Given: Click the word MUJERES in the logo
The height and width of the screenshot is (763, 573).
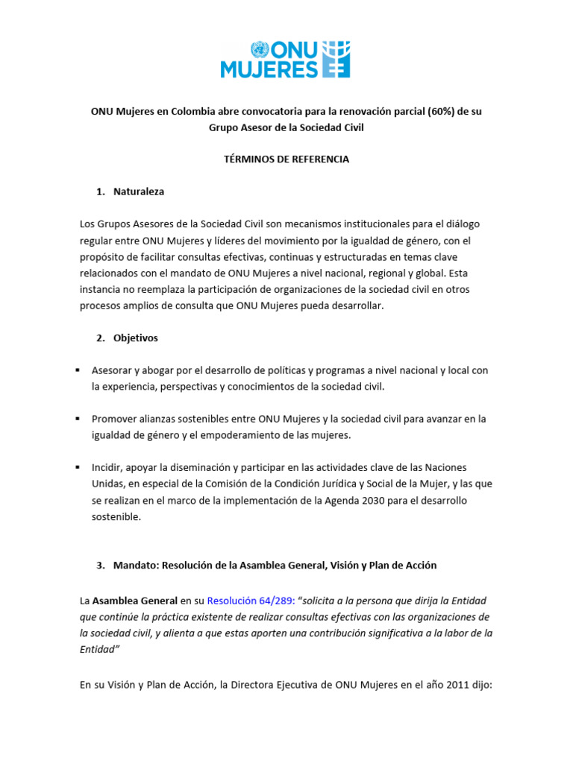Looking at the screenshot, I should [x=269, y=70].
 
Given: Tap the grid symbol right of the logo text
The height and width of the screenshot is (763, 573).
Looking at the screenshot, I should [x=336, y=60].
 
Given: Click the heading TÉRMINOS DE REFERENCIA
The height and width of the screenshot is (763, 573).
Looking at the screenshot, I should [x=286, y=159].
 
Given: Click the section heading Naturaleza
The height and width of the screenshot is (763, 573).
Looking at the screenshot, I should [x=139, y=191].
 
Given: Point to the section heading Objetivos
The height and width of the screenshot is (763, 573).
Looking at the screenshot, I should [x=136, y=338].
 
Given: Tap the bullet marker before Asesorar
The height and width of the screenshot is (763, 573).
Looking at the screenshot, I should [x=78, y=370].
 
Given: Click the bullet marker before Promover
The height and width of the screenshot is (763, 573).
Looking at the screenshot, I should [x=78, y=419].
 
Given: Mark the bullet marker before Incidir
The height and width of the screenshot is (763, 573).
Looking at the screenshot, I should [x=78, y=467].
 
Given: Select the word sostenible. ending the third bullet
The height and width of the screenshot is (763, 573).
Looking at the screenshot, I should [x=116, y=516].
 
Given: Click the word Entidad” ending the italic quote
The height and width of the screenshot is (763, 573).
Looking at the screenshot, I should [x=99, y=649].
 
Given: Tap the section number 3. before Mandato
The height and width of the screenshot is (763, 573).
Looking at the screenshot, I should [x=101, y=566].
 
